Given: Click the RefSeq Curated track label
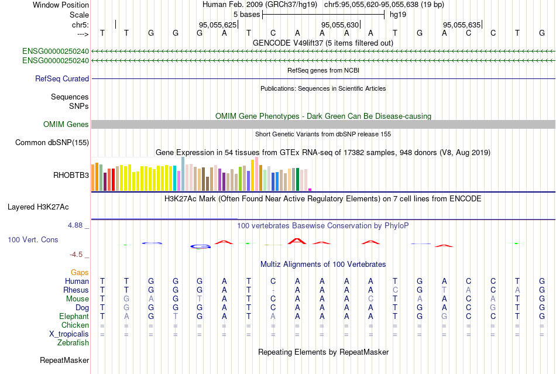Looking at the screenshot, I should (x=62, y=78).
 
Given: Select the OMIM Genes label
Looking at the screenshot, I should (x=66, y=124).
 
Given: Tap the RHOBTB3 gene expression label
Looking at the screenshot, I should (x=71, y=174).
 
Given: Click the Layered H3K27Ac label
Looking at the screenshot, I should (x=38, y=207).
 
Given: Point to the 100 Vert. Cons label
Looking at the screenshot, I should (x=33, y=240).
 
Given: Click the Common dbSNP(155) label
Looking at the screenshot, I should (x=52, y=142).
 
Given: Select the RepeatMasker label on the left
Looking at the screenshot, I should (x=64, y=360).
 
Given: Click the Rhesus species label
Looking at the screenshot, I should (x=76, y=290).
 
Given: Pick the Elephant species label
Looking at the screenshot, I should (x=74, y=316).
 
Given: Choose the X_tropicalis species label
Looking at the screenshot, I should (x=69, y=334).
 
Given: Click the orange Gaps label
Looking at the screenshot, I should (x=80, y=272).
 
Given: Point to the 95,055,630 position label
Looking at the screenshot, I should (x=339, y=25).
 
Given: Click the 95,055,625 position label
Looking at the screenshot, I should (x=218, y=25).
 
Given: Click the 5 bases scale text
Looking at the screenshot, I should (x=246, y=13).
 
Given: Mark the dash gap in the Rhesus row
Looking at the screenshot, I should (x=273, y=290).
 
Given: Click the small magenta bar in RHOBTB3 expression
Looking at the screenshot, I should (x=310, y=189).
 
